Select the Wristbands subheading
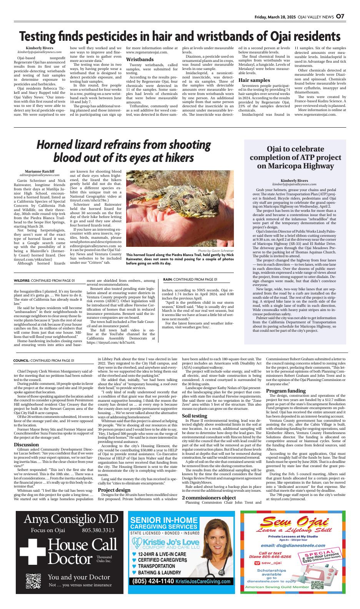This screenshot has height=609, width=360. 140,60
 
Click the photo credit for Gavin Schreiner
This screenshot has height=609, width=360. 216,251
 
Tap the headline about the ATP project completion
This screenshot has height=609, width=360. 295,157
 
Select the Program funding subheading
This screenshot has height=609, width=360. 286,391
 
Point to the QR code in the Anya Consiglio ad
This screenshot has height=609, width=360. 33,581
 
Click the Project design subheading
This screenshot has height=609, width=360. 114,490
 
